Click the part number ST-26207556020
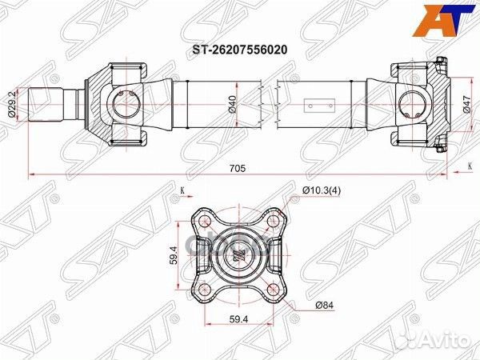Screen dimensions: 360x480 (x=239, y=48)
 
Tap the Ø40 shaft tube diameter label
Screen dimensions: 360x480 (x=232, y=104)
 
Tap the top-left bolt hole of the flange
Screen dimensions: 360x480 (x=205, y=220)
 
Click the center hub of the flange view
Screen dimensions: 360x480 (x=239, y=254)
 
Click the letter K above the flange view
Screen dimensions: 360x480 (x=182, y=190)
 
